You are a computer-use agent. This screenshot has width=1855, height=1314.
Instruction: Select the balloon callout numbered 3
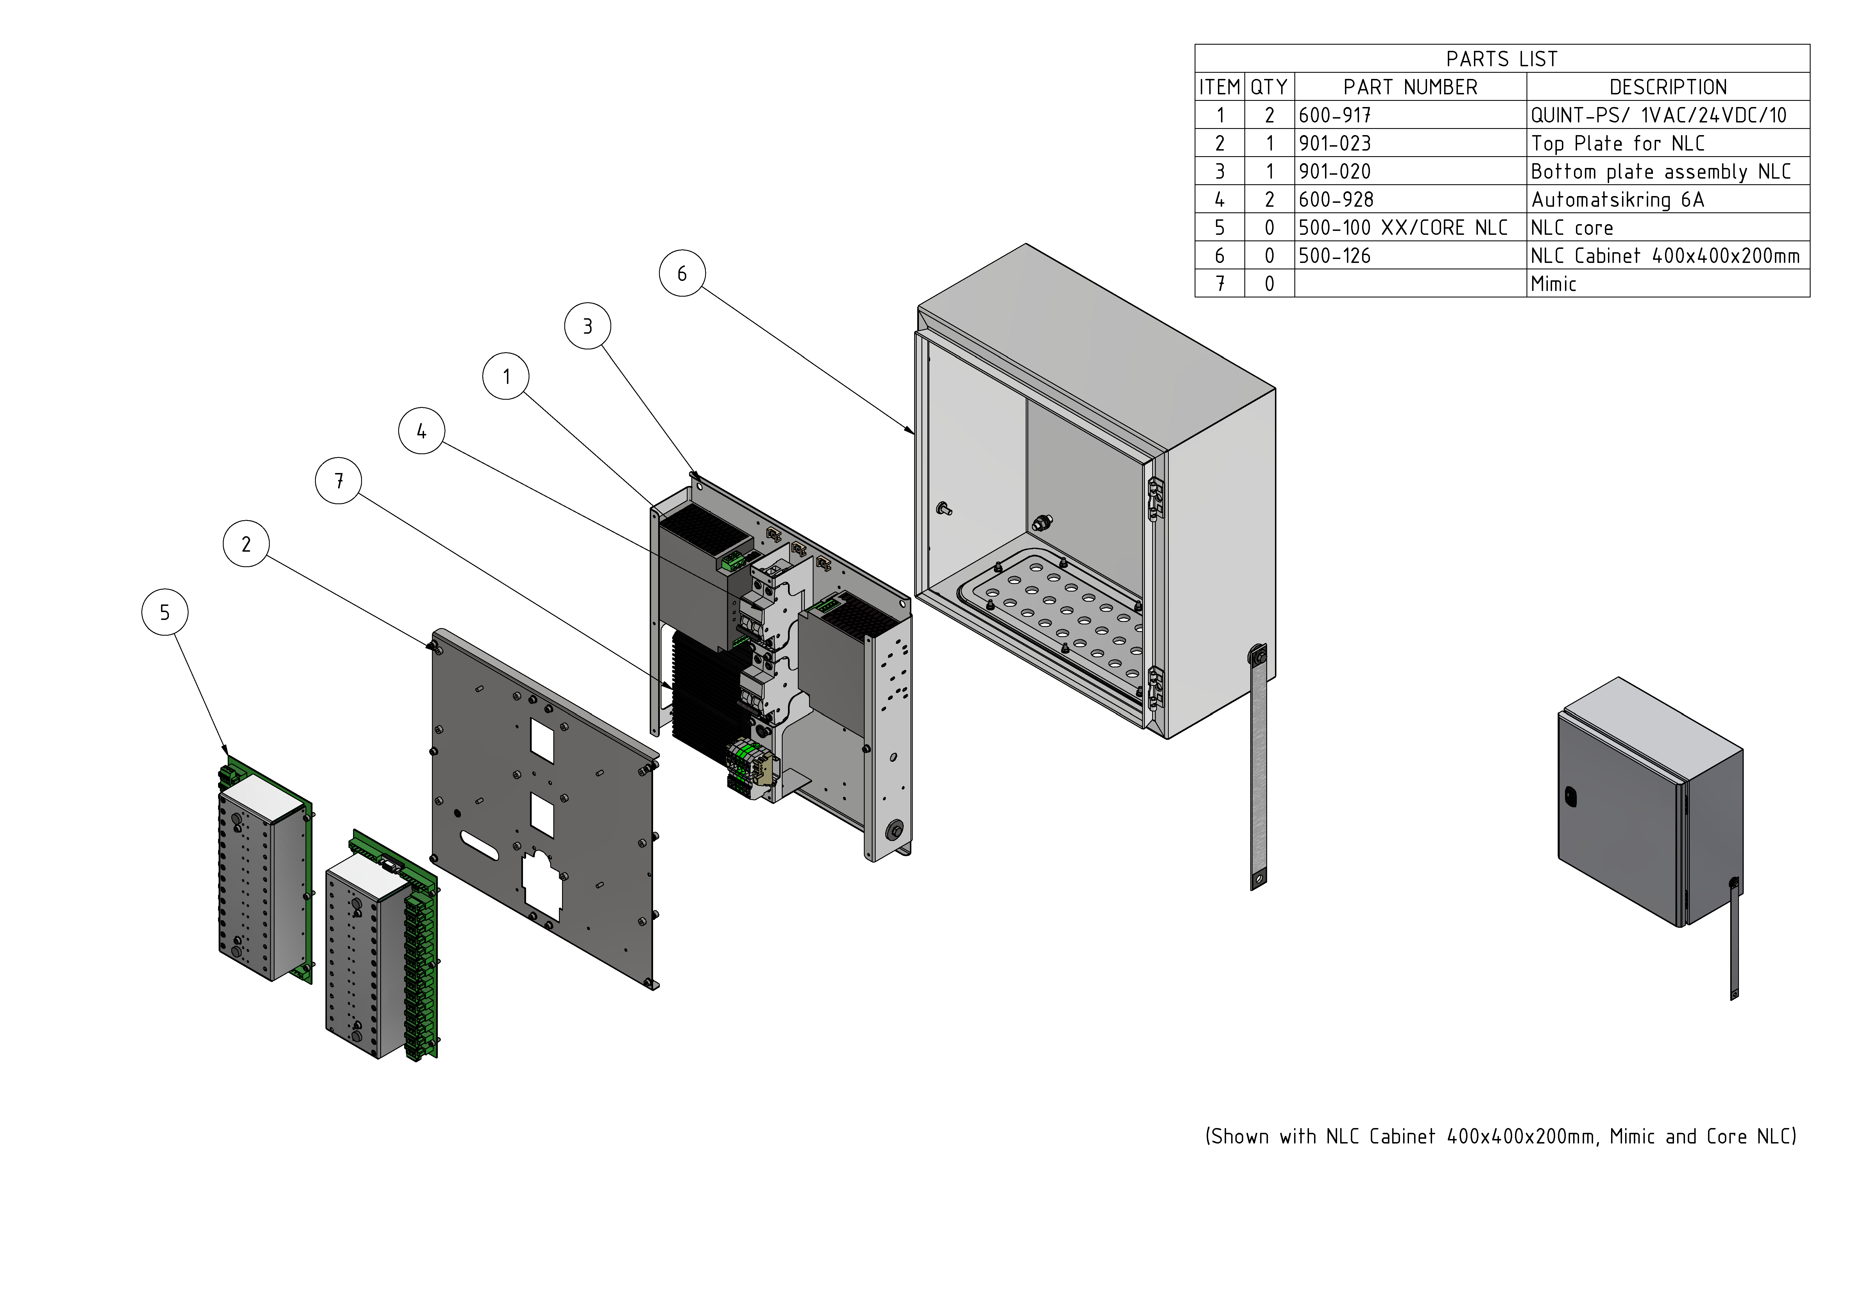coord(588,326)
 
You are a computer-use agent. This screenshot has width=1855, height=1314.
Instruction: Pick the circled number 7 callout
coord(338,481)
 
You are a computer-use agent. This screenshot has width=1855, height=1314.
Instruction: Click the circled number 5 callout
coord(165,613)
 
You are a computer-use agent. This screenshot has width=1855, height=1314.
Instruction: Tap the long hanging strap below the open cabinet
coord(1258,769)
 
